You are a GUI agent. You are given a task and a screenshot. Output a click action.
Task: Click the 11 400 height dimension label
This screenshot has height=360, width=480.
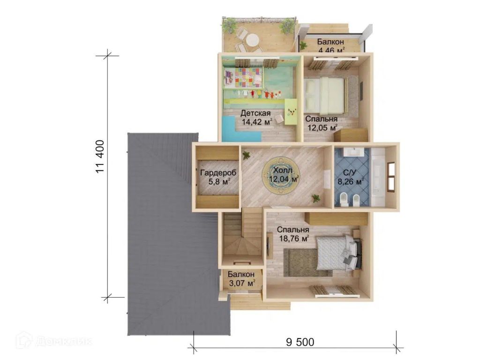pyautogui.click(x=100, y=157)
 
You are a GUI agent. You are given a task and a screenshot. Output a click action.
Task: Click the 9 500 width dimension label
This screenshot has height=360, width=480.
pyautogui.click(x=300, y=342)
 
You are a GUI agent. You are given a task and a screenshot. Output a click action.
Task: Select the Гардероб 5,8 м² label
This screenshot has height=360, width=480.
pyautogui.click(x=218, y=177)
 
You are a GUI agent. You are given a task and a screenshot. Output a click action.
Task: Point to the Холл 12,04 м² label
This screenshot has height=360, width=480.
pyautogui.click(x=283, y=175)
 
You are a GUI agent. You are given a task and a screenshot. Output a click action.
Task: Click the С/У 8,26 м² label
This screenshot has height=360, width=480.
pyautogui.click(x=350, y=177)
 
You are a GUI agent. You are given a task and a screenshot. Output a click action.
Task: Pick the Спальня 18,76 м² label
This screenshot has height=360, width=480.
pyautogui.click(x=293, y=234)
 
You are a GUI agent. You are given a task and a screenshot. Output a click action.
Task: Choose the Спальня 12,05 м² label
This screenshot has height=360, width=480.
pyautogui.click(x=322, y=123)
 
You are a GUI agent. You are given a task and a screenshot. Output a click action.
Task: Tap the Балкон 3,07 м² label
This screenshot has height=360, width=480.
pyautogui.click(x=241, y=279)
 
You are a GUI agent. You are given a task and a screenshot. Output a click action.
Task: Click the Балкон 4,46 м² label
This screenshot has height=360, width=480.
pyautogui.click(x=331, y=45)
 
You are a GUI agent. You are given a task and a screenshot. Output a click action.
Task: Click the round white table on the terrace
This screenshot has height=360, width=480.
pyautogui.click(x=253, y=40)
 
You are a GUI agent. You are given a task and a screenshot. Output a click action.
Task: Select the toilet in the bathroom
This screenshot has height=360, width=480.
pyautogui.click(x=344, y=199)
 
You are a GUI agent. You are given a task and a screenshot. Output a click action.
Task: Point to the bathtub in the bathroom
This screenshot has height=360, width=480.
pyautogui.click(x=378, y=177)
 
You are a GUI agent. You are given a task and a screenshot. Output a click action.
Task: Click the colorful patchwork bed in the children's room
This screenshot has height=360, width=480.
pyautogui.click(x=243, y=77)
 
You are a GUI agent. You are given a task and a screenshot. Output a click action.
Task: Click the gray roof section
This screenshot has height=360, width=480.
pyautogui.click(x=172, y=232)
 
